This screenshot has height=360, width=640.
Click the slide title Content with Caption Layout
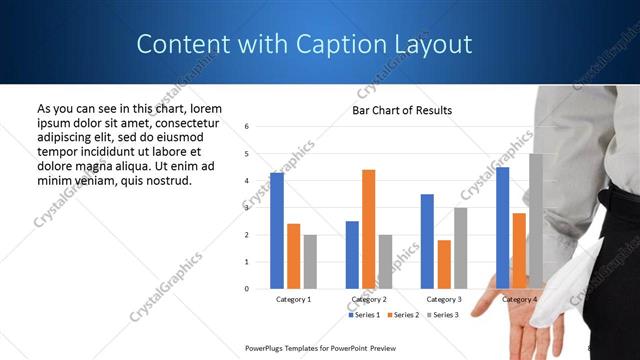(x=304, y=44)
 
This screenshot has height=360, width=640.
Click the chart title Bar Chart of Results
(x=402, y=110)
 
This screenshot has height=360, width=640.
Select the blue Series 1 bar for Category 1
(x=277, y=231)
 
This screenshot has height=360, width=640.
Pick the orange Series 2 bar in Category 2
(x=369, y=229)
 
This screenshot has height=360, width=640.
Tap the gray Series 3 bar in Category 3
(x=461, y=248)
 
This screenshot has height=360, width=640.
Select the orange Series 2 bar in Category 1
(x=293, y=256)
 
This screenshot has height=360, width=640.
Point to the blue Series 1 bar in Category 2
(x=352, y=255)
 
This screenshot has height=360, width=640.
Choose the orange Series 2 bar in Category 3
(x=444, y=264)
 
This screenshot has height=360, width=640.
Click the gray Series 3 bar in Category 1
(x=310, y=262)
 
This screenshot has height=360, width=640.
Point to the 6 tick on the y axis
(x=247, y=127)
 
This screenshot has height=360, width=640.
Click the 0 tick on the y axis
(x=247, y=289)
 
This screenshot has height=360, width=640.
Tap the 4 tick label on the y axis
(x=247, y=181)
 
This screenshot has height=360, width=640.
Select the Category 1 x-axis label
(x=293, y=300)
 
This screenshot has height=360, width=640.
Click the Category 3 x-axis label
(x=444, y=300)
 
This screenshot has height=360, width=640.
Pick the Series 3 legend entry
(x=442, y=315)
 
